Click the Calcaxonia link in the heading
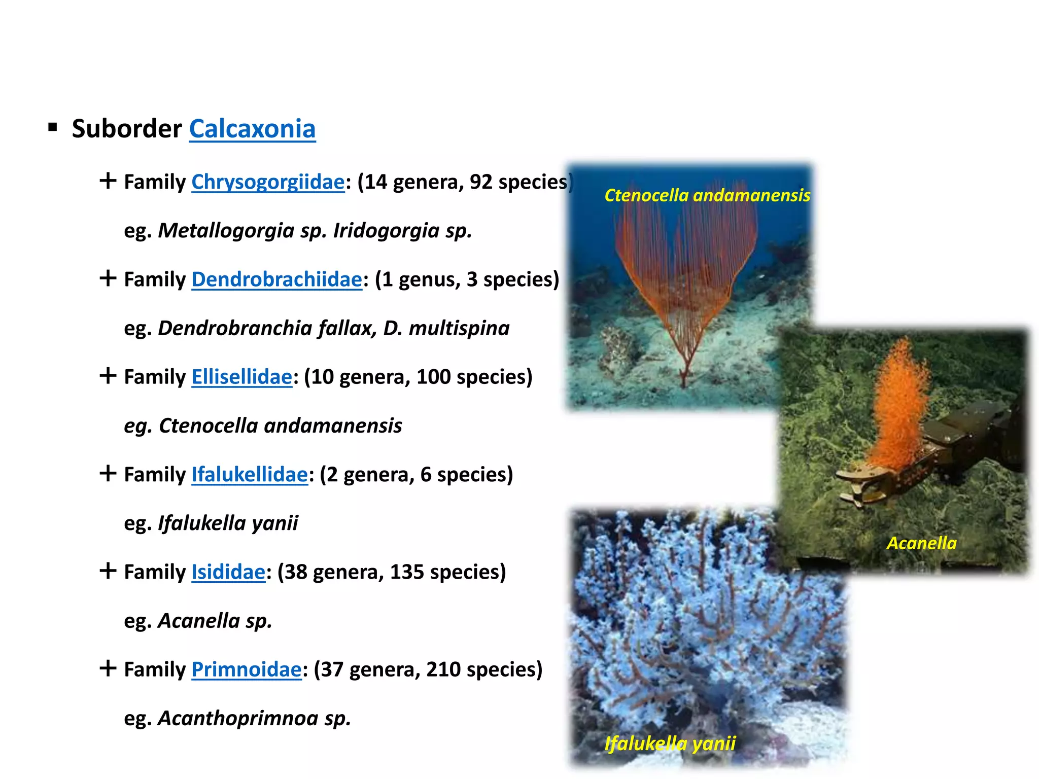click(x=252, y=129)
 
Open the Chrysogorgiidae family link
click(x=268, y=182)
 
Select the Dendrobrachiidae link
click(x=276, y=279)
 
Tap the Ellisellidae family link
click(x=241, y=377)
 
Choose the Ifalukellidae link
click(x=250, y=475)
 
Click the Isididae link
click(x=228, y=572)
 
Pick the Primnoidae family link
click(x=247, y=669)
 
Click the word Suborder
click(x=127, y=129)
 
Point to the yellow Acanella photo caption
click(x=921, y=543)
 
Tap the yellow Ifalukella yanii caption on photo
click(x=670, y=743)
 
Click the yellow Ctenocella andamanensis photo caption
click(x=707, y=195)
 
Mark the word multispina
click(x=459, y=328)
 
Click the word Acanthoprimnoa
click(x=238, y=718)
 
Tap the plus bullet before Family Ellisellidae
click(x=108, y=376)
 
